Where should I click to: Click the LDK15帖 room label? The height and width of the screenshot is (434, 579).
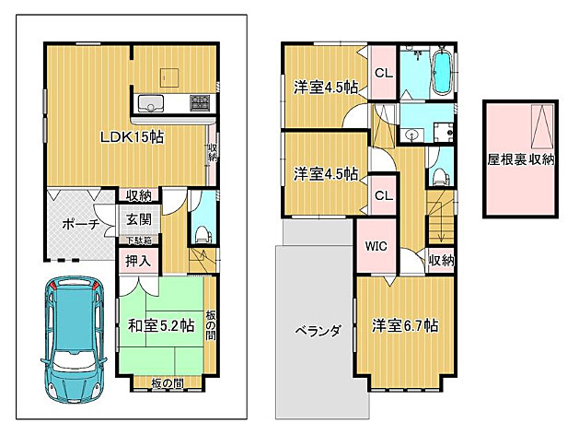[133, 137]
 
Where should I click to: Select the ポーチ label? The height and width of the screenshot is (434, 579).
[80, 224]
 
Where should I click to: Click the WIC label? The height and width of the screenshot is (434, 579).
[376, 247]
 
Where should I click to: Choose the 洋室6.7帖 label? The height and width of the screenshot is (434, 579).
[405, 326]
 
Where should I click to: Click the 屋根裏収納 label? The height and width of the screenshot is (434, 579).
[521, 159]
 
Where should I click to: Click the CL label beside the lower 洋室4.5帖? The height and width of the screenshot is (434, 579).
[384, 194]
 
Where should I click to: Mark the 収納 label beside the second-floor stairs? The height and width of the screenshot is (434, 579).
[442, 261]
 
